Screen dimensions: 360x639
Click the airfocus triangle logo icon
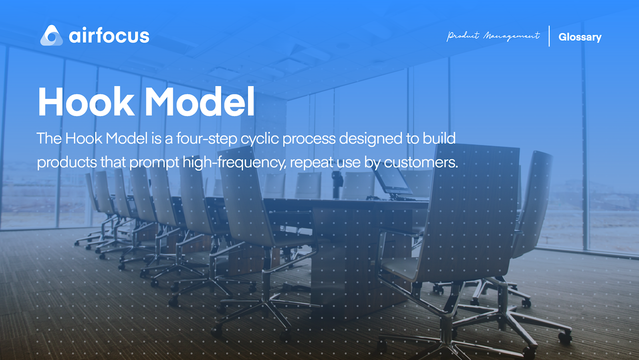click(x=52, y=36)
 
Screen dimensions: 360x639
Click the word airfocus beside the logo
click(x=109, y=36)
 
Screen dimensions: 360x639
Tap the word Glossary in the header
click(x=579, y=37)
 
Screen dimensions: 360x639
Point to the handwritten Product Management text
click(x=493, y=36)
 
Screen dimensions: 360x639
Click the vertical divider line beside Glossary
click(x=549, y=36)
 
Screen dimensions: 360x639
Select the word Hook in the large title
click(x=86, y=102)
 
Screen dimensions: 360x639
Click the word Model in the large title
click(x=199, y=102)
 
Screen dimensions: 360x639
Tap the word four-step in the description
click(x=207, y=139)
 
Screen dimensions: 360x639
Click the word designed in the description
click(x=371, y=139)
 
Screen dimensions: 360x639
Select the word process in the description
click(x=309, y=139)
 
